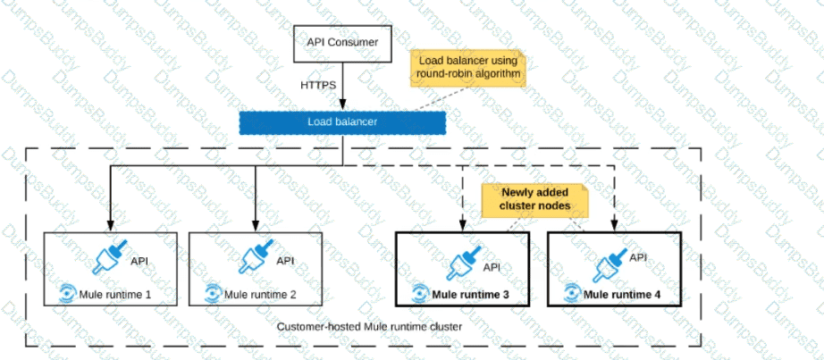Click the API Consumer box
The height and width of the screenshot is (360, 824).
point(343,42)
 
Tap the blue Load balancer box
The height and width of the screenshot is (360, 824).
point(342,121)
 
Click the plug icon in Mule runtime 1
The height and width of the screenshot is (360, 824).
point(112,258)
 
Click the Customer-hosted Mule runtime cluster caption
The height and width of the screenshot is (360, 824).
point(369,327)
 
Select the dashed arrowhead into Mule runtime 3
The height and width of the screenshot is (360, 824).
point(462,227)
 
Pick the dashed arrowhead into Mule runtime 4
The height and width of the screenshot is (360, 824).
point(614,227)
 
